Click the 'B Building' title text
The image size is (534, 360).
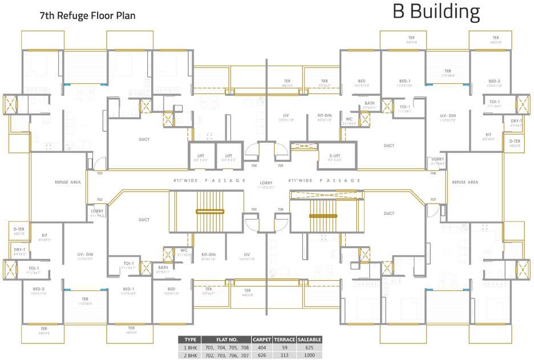(436, 11)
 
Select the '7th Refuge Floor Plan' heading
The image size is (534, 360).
(87, 15)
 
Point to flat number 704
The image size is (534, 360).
(254, 165)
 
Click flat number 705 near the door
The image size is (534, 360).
(280, 165)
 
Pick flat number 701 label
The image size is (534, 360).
(254, 209)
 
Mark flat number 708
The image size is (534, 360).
(280, 209)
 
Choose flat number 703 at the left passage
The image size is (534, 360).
(100, 173)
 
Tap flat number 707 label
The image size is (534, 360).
(433, 200)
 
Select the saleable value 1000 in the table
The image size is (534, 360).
(310, 355)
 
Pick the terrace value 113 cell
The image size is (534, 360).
(285, 355)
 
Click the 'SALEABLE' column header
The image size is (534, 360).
(310, 339)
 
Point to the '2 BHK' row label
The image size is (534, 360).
(190, 355)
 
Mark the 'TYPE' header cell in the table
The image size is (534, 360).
(190, 339)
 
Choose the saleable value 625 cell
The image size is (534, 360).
(310, 347)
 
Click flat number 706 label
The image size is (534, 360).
(433, 173)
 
